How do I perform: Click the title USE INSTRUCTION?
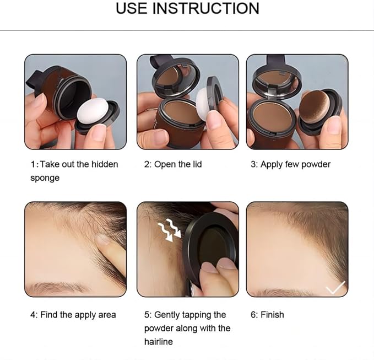pyautogui.click(x=187, y=9)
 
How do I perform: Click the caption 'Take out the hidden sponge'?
pyautogui.click(x=74, y=171)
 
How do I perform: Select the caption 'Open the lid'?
pyautogui.click(x=173, y=164)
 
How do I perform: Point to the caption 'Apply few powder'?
pyautogui.click(x=290, y=164)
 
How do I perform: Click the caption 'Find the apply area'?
pyautogui.click(x=73, y=315)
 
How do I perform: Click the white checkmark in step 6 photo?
pyautogui.click(x=335, y=287)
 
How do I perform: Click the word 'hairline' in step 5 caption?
pyautogui.click(x=159, y=342)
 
